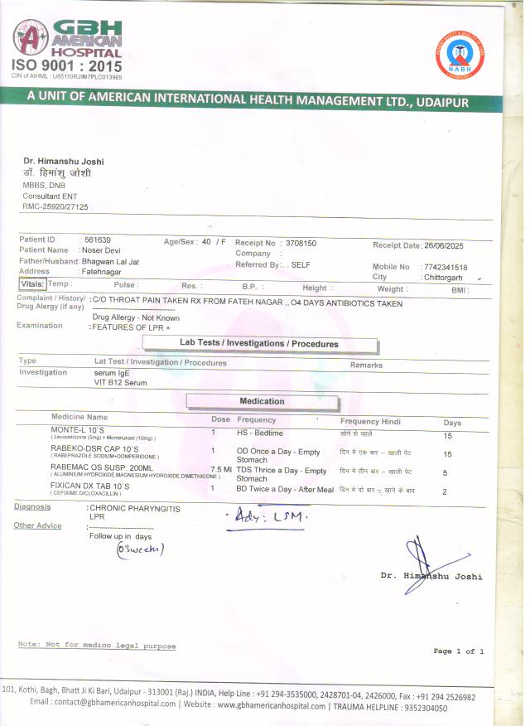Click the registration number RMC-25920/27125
pyautogui.click(x=55, y=206)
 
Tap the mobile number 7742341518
pyautogui.click(x=445, y=267)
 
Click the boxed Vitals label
pyautogui.click(x=31, y=283)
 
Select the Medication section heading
pyautogui.click(x=262, y=402)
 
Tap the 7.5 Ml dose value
pyautogui.click(x=221, y=469)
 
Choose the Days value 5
pyautogui.click(x=446, y=473)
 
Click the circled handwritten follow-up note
pyautogui.click(x=140, y=549)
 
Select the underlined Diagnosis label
pyautogui.click(x=31, y=506)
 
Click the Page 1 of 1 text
pyautogui.click(x=458, y=651)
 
